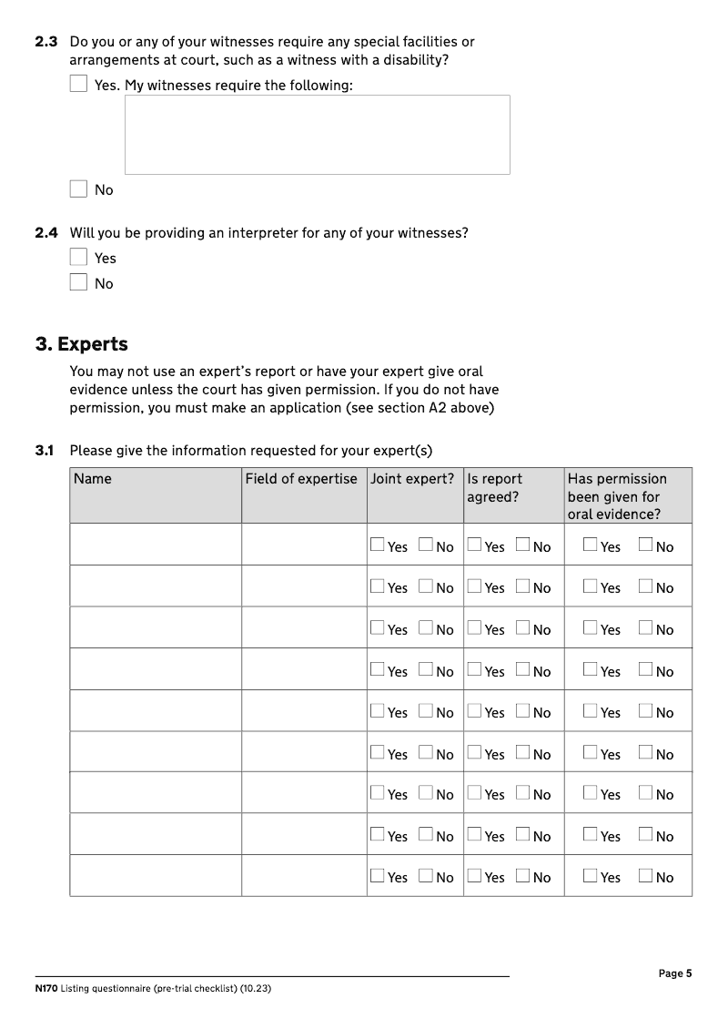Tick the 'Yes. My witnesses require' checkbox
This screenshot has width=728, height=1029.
(x=78, y=85)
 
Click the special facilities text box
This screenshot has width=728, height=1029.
(x=317, y=135)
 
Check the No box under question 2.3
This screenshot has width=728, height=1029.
(x=78, y=189)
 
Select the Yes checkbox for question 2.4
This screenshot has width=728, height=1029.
(x=78, y=258)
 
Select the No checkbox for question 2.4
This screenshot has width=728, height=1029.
(x=78, y=283)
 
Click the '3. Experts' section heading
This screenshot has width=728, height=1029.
(x=81, y=344)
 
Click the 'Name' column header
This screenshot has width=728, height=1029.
(x=93, y=479)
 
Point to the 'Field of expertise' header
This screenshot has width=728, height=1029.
(x=301, y=479)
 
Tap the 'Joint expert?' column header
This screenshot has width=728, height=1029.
(x=412, y=479)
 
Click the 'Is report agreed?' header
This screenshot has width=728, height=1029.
(x=494, y=488)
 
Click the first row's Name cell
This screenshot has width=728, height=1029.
(x=155, y=545)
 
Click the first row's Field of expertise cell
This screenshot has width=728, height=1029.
(x=304, y=545)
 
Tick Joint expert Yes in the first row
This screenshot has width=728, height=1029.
(x=378, y=545)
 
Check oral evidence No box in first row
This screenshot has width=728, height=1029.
(x=646, y=545)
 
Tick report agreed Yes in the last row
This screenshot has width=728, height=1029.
(x=474, y=876)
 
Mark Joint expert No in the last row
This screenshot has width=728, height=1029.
(x=426, y=876)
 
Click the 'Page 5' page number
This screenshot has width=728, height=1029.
(x=675, y=973)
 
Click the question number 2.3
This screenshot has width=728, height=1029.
(x=46, y=42)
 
